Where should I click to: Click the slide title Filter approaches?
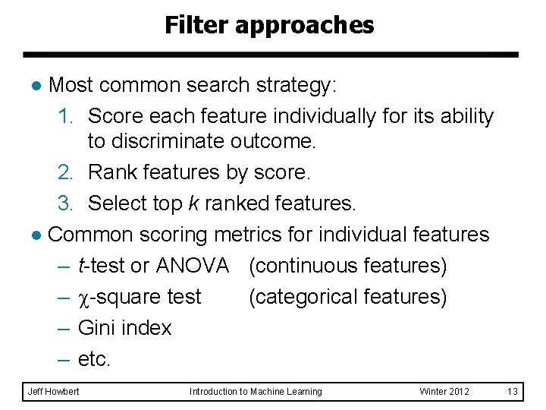coord(269,26)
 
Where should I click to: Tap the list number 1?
coord(65,116)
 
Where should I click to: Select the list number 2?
coord(65,173)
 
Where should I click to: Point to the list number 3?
coord(65,203)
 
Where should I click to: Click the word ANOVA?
coord(193,266)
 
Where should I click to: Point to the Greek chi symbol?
coord(83,298)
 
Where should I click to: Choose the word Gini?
coord(98,328)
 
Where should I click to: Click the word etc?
coord(94,359)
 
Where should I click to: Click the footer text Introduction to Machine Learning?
coord(256,391)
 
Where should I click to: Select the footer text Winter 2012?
coord(444,391)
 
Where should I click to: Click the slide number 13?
coord(512,391)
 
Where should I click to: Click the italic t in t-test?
coord(81,266)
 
